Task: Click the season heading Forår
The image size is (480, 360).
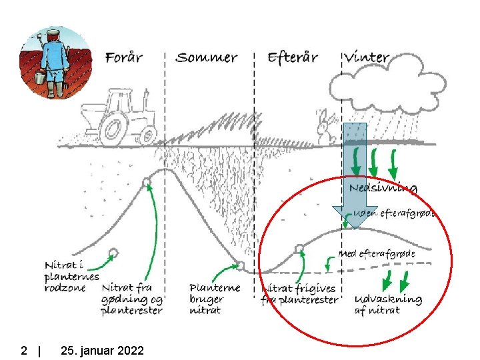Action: (x=124, y=57)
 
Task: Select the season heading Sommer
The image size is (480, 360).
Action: (x=206, y=57)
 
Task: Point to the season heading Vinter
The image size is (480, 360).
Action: (x=367, y=57)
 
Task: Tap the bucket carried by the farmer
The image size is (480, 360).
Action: (x=40, y=78)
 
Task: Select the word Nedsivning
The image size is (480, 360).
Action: (x=383, y=188)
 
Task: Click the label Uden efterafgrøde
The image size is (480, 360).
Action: (x=393, y=214)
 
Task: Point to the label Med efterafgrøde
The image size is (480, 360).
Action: (x=377, y=254)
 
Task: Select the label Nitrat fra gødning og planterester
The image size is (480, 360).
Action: (x=132, y=299)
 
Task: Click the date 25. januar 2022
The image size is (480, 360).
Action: (x=101, y=350)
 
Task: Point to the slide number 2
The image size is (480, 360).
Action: (x=24, y=350)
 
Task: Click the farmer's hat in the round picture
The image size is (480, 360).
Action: (x=52, y=33)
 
